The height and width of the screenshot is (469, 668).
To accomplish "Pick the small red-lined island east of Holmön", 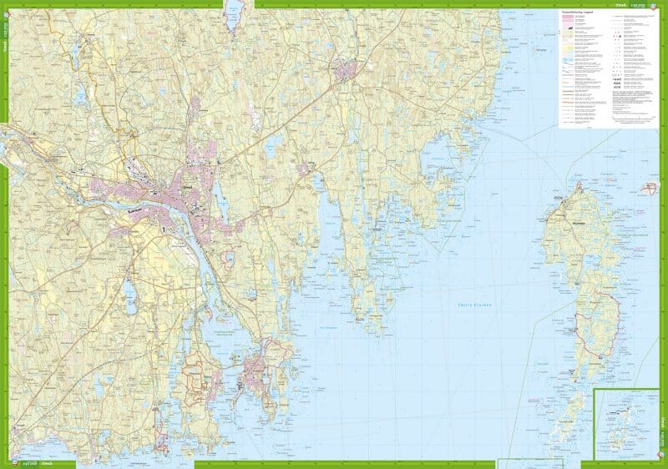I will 649,188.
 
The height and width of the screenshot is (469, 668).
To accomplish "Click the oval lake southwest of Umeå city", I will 130,291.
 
